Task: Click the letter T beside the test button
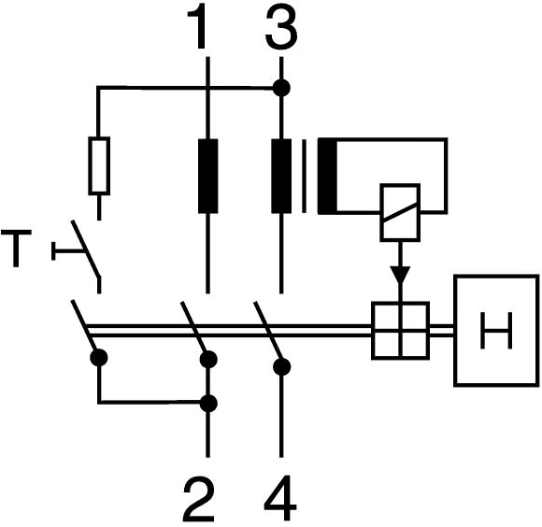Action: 16,249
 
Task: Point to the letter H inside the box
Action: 496,330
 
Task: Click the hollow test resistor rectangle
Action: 99,166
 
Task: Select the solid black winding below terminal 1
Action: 207,177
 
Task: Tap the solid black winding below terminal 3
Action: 281,177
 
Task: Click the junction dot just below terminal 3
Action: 281,88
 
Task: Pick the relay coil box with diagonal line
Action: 400,212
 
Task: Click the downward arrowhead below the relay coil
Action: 400,276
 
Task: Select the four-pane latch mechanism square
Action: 401,331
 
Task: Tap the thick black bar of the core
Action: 327,177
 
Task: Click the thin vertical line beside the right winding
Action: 304,177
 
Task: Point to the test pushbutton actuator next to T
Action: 67,250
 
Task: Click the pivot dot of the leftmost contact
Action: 99,357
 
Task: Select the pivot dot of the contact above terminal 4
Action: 281,366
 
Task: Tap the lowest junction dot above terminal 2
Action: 208,403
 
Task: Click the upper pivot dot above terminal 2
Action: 208,359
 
